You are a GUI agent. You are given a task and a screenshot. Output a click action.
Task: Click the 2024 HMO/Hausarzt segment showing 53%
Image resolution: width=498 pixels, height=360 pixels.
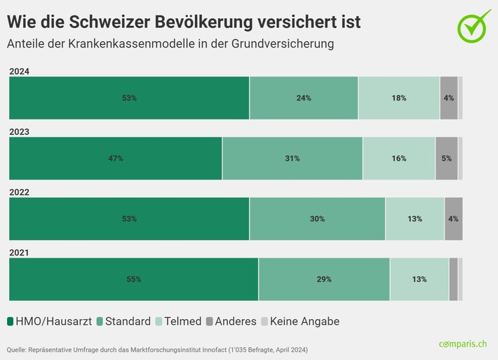[129, 98]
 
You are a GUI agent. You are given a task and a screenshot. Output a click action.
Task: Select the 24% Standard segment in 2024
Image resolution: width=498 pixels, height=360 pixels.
[304, 98]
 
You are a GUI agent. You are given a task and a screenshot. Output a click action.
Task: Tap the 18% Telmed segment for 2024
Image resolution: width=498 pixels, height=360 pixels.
[399, 98]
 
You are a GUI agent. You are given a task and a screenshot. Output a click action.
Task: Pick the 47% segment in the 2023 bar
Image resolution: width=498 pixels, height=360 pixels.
[116, 159]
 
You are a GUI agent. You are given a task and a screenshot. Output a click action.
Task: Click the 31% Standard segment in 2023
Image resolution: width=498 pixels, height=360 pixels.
[292, 159]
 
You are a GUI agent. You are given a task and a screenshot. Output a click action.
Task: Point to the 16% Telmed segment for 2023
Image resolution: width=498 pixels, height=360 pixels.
[399, 159]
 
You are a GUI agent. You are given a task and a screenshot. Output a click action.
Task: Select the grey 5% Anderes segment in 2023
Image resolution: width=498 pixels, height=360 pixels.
[447, 159]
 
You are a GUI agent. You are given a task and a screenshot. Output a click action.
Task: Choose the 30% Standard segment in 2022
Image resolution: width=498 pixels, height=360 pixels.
[317, 219]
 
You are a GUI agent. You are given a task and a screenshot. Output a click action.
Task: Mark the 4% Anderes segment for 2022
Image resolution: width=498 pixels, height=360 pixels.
[453, 219]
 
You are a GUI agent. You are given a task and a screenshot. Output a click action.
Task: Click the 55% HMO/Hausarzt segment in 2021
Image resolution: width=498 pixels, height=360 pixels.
[133, 279]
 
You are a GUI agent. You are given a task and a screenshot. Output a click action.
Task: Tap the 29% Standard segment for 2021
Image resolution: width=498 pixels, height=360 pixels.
[324, 279]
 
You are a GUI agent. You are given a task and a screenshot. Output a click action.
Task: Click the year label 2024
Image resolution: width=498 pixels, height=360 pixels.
[19, 71]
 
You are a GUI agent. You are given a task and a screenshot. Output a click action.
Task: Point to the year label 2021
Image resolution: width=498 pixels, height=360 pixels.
[19, 252]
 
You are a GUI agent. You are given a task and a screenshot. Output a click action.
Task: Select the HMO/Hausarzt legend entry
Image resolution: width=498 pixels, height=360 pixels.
[49, 321]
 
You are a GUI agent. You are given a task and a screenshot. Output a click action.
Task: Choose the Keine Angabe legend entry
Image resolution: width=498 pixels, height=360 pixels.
[300, 321]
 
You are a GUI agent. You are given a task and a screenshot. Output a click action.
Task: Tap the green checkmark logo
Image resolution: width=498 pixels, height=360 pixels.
[474, 25]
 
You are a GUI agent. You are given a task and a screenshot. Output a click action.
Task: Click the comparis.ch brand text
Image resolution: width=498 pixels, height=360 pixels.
[464, 344]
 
